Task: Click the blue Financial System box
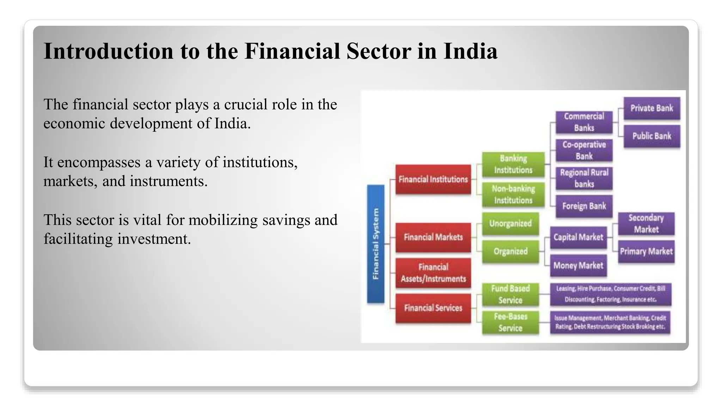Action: coord(375,244)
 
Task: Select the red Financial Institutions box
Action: coord(433,179)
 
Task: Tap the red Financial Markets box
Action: coord(433,237)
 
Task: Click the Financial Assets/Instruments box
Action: coord(433,273)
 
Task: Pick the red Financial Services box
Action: coord(433,308)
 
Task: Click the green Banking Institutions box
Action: coord(513,164)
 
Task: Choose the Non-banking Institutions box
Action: coord(513,194)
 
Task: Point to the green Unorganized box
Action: coord(510,223)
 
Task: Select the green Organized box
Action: coord(510,251)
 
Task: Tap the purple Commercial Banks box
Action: coord(584,122)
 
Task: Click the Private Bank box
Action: coord(651,108)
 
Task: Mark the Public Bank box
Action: coord(651,136)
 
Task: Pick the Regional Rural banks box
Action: coord(584,178)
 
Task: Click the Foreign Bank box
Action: coord(584,206)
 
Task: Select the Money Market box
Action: coord(578,265)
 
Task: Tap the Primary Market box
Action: coord(646,251)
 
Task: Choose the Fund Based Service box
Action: coord(510,294)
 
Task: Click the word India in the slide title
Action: coord(470,51)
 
